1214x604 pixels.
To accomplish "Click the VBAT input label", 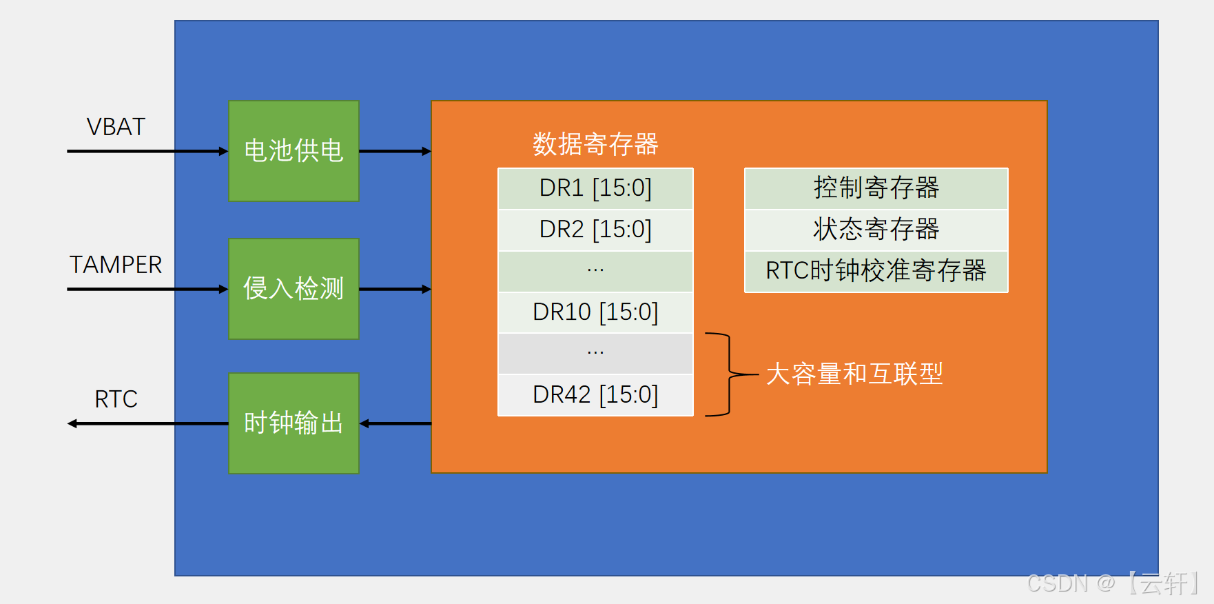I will (x=116, y=127).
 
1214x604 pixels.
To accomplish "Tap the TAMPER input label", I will (x=116, y=265).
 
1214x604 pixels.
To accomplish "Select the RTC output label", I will (x=116, y=399).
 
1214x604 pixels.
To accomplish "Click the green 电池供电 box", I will (x=294, y=151).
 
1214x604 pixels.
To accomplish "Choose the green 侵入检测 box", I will (x=294, y=289).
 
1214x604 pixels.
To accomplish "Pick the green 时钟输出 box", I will (x=294, y=423).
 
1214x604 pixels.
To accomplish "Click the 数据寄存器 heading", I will (x=595, y=144).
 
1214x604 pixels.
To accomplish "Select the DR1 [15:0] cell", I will (x=595, y=188).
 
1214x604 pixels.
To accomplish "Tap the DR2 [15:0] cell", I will (x=595, y=230).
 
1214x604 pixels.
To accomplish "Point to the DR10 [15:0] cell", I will (x=595, y=312).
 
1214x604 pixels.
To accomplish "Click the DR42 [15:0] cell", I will (x=595, y=395).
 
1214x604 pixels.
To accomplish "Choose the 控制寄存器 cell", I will (x=876, y=188).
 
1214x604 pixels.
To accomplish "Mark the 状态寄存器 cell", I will (x=876, y=230).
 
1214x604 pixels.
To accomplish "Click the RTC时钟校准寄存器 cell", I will (x=876, y=271).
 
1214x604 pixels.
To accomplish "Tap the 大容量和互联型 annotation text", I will (x=854, y=374).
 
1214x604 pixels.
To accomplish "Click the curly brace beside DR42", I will (x=728, y=374).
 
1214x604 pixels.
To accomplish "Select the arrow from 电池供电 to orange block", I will (x=395, y=151).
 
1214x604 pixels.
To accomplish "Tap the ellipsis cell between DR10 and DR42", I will (x=595, y=354).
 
